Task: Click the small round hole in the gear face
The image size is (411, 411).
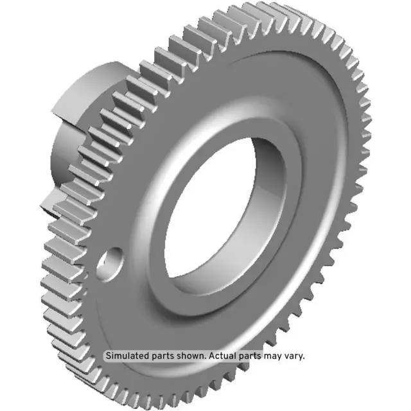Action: point(111,261)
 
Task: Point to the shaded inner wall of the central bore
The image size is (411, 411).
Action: point(273,193)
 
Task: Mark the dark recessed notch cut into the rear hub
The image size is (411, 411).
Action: point(51,193)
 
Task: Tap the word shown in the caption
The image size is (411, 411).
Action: point(191,356)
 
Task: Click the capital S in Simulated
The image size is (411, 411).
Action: point(108,356)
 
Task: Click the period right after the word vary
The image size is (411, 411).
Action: point(304,358)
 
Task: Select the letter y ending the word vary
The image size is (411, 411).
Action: point(301,356)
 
